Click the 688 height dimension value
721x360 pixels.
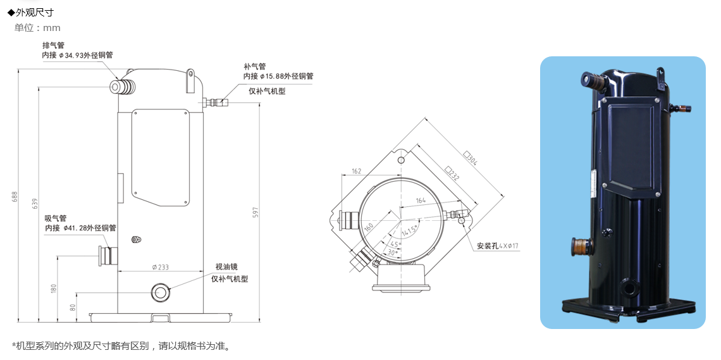(16, 196)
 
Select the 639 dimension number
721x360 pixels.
(35, 204)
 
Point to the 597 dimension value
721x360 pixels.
(256, 212)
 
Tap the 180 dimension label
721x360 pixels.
(54, 289)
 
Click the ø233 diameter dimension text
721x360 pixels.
(160, 266)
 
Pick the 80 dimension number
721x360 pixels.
(73, 307)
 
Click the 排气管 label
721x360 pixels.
(53, 45)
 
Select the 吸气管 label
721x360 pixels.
(56, 218)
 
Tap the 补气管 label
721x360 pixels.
(255, 66)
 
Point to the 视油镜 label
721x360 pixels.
(226, 267)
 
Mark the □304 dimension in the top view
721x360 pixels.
(471, 159)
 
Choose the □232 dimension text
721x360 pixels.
(452, 173)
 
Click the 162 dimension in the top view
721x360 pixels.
(356, 171)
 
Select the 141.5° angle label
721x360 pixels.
(410, 230)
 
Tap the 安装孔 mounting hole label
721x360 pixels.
(488, 246)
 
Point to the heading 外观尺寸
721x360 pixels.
(34, 13)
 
